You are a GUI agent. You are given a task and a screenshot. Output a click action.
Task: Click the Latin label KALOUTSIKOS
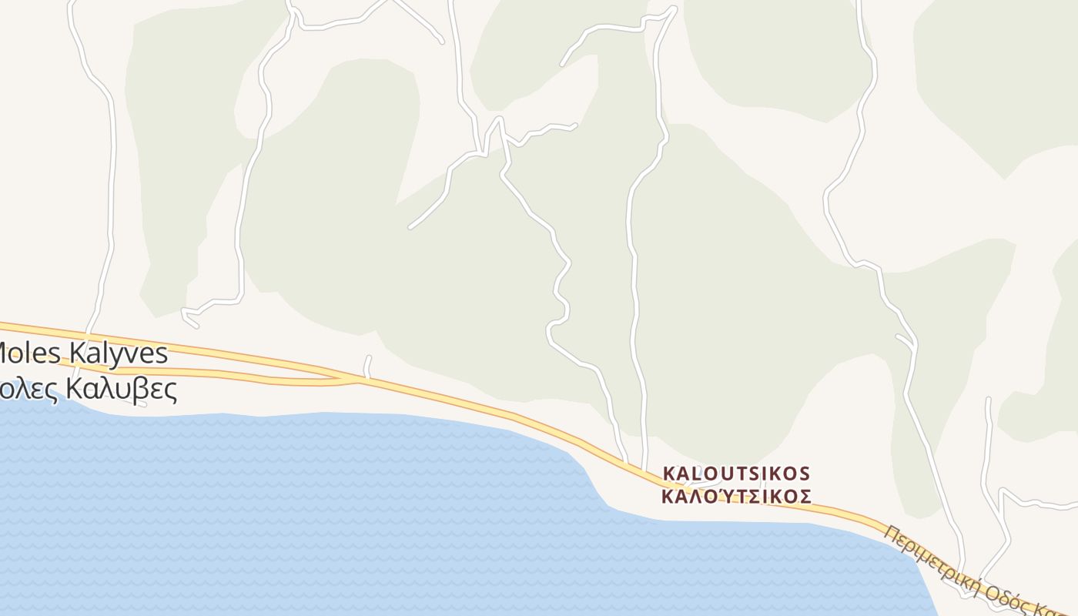coord(736,473)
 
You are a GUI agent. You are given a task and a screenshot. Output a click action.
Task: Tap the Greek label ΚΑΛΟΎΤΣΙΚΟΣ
coord(736,496)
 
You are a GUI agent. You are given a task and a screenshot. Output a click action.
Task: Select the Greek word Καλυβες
coord(121,388)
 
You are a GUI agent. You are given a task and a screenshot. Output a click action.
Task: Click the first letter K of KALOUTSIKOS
coord(668,473)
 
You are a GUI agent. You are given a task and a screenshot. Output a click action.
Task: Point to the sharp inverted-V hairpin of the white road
coord(499,119)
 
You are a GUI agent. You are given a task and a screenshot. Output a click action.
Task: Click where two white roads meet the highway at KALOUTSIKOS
coord(635,467)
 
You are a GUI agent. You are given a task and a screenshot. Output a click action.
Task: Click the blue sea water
coord(308,524)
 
